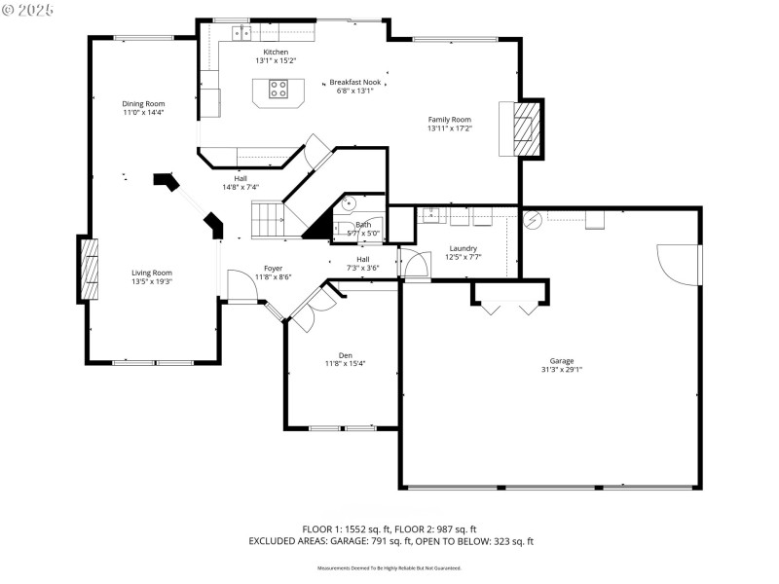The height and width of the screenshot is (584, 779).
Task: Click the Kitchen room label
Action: click(x=276, y=51)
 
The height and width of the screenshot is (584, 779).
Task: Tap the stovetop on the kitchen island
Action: click(x=278, y=90)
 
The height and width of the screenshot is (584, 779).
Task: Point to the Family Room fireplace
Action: click(x=525, y=127)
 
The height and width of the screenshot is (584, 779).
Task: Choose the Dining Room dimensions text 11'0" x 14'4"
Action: click(x=143, y=113)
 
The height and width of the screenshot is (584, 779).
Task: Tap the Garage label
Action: click(x=562, y=360)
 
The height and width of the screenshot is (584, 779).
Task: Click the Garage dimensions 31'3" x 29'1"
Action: click(x=562, y=369)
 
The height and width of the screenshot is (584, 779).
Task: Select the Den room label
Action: click(x=345, y=354)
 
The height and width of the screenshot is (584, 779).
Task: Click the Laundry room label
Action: click(x=463, y=248)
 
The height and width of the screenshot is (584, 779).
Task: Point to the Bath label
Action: click(x=363, y=225)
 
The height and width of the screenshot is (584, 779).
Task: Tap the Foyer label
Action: click(x=274, y=268)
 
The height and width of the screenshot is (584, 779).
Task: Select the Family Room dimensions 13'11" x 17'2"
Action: click(x=449, y=128)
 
